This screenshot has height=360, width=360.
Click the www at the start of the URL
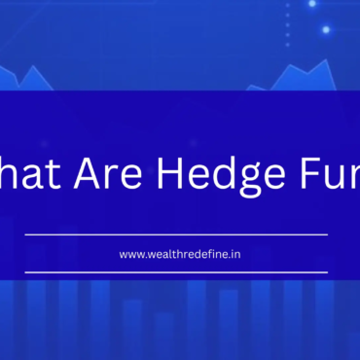(132, 255)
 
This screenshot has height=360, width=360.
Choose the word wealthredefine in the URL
(185, 254)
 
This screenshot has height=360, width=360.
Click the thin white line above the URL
(176, 234)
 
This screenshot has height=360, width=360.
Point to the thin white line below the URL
(176, 272)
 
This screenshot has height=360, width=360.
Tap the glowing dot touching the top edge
(311, 3)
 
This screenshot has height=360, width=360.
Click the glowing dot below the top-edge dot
(326, 29)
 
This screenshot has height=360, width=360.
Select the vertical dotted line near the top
(287, 24)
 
